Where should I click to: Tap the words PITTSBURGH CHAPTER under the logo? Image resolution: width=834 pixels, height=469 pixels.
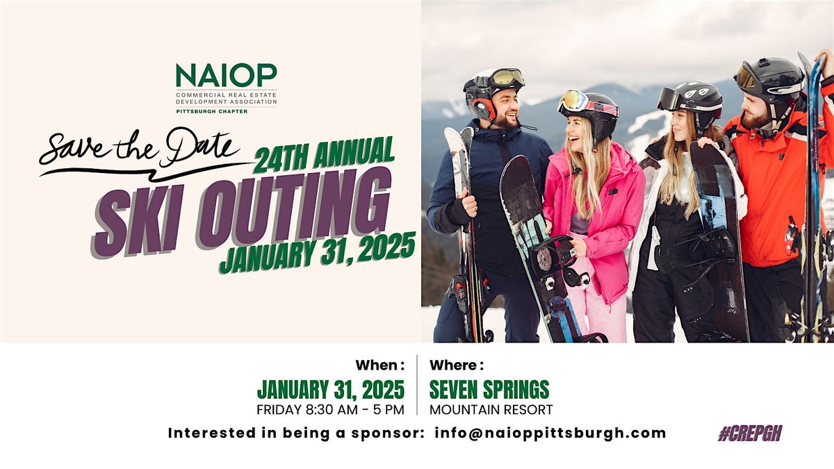coord(211,111)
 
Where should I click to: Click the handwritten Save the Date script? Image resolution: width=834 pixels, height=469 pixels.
coord(139,147)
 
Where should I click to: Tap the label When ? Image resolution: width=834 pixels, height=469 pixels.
coord(379,365)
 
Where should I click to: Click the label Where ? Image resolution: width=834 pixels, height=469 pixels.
coord(457,365)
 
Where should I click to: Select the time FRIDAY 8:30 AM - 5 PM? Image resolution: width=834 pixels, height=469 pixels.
coord(330,409)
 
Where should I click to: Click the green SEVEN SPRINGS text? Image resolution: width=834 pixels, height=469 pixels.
coord(489,389)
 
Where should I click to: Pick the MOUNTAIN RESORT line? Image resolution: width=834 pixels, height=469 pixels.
coord(491,409)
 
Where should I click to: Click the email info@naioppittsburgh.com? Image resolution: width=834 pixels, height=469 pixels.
coord(550,433)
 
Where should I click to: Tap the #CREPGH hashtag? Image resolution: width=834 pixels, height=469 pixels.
coord(750,434)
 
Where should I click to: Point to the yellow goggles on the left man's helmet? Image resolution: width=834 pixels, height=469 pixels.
coord(506,77)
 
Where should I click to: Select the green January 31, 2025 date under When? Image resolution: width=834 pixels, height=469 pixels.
coord(330,389)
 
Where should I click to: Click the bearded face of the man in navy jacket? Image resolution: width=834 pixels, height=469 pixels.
coord(506,111)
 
